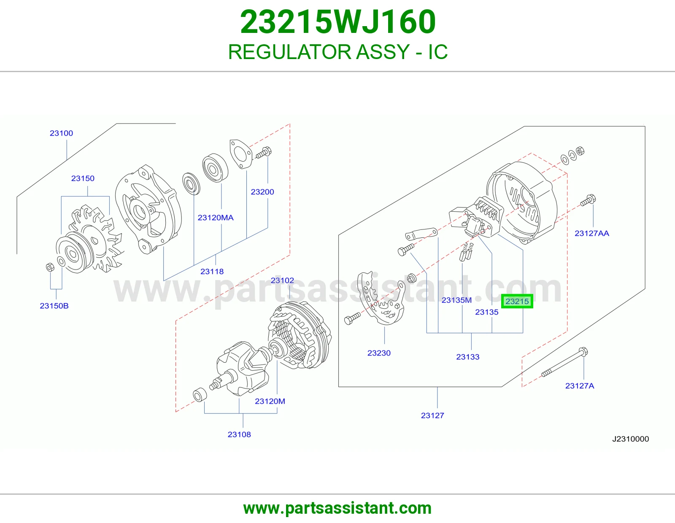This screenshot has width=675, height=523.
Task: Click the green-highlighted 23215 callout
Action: click(x=517, y=301)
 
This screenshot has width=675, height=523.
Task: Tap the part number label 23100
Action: click(x=61, y=133)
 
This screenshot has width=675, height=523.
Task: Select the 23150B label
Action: click(x=54, y=306)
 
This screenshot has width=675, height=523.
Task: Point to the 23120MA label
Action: click(x=216, y=218)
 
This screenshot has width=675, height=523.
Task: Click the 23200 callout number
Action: click(x=262, y=192)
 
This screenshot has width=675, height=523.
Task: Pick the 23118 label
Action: click(x=212, y=272)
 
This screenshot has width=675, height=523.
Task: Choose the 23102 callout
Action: click(x=282, y=280)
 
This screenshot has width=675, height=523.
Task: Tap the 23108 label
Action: click(x=239, y=434)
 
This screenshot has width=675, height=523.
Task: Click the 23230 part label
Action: click(x=379, y=353)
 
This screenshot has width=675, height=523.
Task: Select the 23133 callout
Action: click(x=468, y=357)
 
